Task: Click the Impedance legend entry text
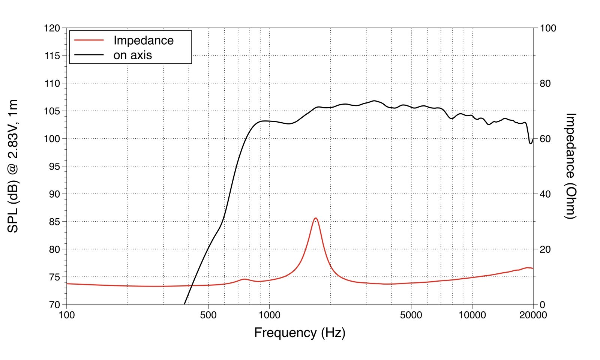pyautogui.click(x=143, y=40)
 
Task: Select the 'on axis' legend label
pyautogui.click(x=132, y=55)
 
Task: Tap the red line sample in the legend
pyautogui.click(x=89, y=40)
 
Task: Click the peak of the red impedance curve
pyautogui.click(x=315, y=218)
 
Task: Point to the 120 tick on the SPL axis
pyautogui.click(x=52, y=28)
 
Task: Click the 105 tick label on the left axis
pyautogui.click(x=52, y=111)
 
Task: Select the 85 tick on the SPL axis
pyautogui.click(x=54, y=222)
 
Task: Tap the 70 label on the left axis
pyautogui.click(x=54, y=304)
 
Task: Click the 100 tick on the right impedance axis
pyautogui.click(x=548, y=28)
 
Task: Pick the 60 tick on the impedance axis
pyautogui.click(x=545, y=139)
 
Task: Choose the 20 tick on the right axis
pyautogui.click(x=545, y=249)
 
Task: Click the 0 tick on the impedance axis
pyautogui.click(x=543, y=304)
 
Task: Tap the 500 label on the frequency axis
pyautogui.click(x=208, y=315)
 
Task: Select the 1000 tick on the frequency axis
pyautogui.click(x=269, y=315)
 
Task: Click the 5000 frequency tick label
pyautogui.click(x=411, y=315)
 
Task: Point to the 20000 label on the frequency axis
pyautogui.click(x=533, y=315)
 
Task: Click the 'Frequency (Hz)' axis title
pyautogui.click(x=300, y=333)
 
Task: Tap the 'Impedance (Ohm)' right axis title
pyautogui.click(x=570, y=166)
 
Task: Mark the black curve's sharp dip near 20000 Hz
pyautogui.click(x=531, y=143)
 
